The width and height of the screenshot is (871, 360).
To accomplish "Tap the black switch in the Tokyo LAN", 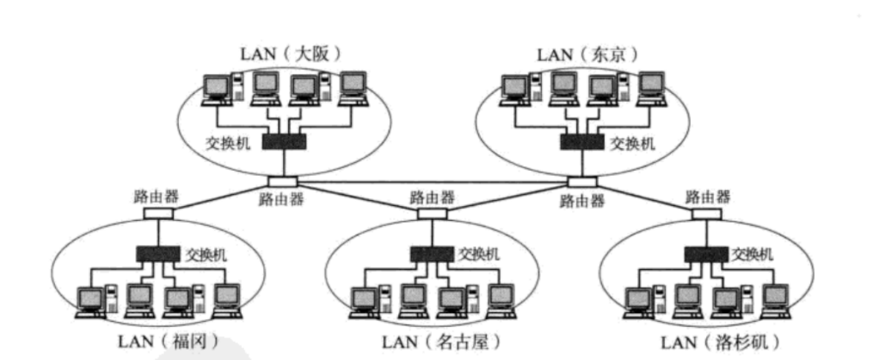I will click(582, 142).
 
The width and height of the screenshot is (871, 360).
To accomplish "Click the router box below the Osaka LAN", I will click(282, 181).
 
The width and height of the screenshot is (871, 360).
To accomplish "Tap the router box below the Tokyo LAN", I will click(581, 181).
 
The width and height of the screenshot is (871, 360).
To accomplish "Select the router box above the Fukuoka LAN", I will click(158, 213).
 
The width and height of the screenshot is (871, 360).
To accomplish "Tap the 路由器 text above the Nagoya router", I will click(432, 196).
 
